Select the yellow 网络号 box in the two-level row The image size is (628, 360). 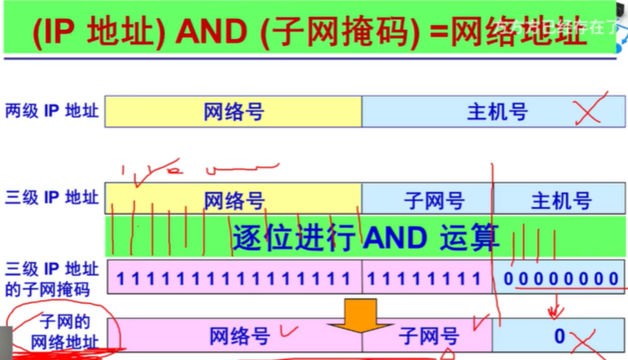coord(234,112)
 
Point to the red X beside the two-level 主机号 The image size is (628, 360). coord(591,111)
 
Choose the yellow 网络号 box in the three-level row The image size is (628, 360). coord(234,200)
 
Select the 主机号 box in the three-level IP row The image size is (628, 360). coord(560,200)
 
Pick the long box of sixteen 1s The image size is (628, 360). coord(233,279)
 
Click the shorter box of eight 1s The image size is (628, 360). coord(427,279)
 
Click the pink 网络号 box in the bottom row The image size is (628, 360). coord(234,335)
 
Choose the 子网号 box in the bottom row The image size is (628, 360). coord(428,335)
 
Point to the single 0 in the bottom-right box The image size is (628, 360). coord(560,335)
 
